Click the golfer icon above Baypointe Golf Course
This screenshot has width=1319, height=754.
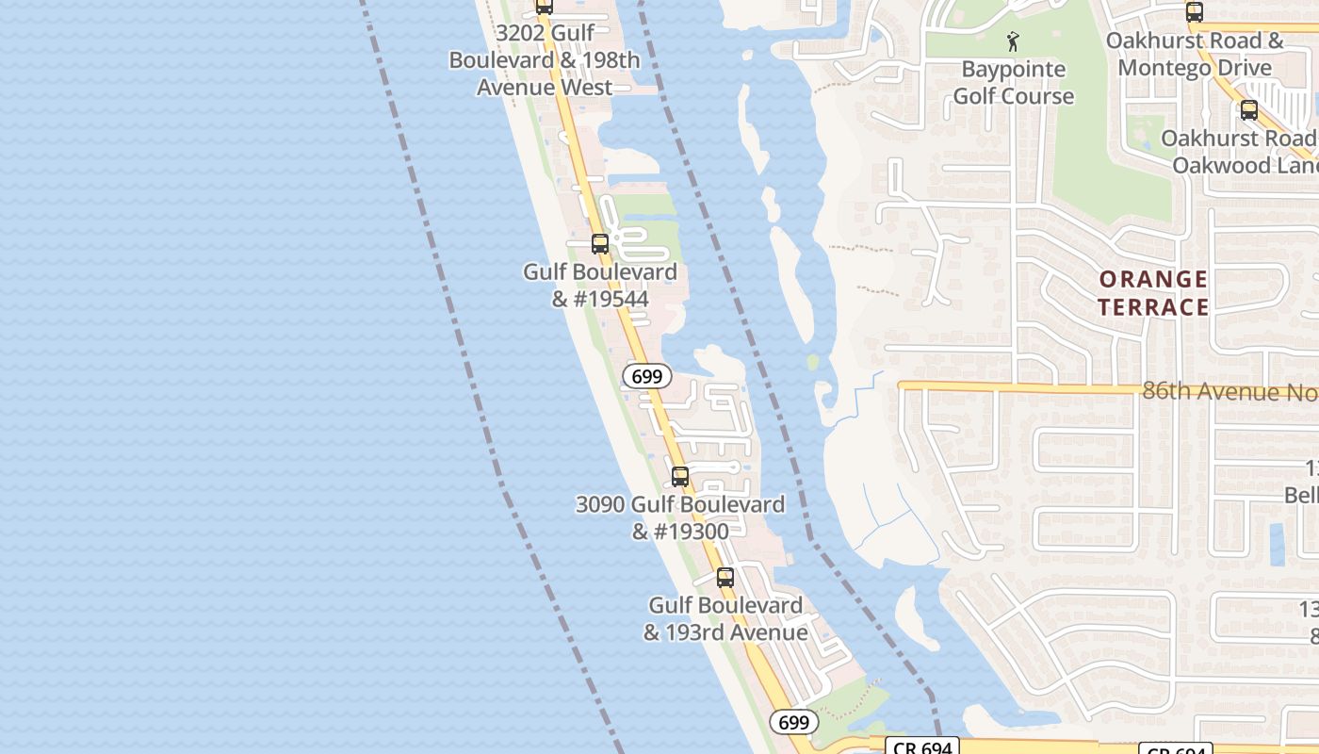click(1013, 41)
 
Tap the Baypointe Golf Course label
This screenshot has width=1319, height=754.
click(1013, 83)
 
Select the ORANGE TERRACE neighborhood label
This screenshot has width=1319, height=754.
click(1152, 293)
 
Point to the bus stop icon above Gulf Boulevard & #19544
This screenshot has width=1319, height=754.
click(600, 244)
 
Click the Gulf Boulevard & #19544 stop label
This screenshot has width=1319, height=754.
click(600, 286)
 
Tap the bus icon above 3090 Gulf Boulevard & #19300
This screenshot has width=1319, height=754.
click(680, 477)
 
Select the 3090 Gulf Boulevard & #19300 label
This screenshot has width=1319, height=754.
click(680, 517)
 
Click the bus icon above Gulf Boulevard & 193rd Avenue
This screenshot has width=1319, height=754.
click(725, 578)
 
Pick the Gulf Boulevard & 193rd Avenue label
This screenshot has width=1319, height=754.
click(725, 618)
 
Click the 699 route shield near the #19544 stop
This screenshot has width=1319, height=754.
click(647, 377)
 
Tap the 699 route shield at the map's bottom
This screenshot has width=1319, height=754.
click(794, 723)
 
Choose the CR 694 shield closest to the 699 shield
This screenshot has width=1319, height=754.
click(921, 746)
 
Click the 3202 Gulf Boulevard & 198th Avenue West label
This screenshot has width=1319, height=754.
click(545, 60)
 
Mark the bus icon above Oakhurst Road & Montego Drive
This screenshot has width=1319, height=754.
click(1195, 12)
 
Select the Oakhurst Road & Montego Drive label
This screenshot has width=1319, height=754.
click(1195, 55)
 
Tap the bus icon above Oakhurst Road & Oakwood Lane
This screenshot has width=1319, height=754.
click(1249, 110)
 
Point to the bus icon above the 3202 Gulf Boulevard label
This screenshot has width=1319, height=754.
click(545, 6)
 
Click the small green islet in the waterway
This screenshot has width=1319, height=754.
click(813, 362)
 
